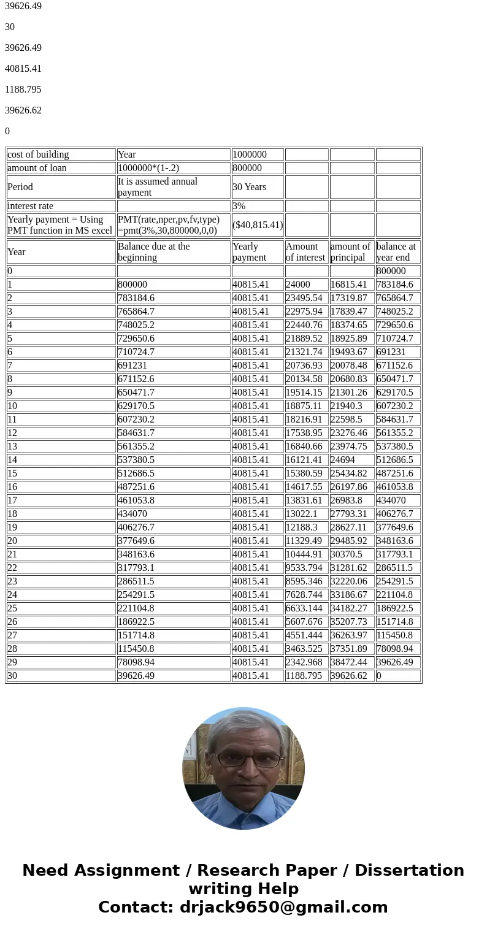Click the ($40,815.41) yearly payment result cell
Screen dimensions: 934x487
pos(258,225)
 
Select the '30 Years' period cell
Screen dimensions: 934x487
pos(249,187)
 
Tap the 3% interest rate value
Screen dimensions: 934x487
pos(239,206)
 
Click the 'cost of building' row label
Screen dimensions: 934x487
pos(38,155)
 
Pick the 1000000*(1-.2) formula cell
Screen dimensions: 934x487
pos(148,168)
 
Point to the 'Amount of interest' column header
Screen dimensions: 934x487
pos(305,252)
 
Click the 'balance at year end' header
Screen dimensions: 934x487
pos(396,252)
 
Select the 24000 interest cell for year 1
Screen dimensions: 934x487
pos(298,285)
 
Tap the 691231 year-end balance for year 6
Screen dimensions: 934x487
pos(391,352)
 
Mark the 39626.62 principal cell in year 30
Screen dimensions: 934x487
pos(349,676)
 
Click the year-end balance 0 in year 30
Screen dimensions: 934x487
pos(379,676)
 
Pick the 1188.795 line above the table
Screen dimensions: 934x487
pos(23,90)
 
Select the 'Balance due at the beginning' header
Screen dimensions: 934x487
pos(153,252)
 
